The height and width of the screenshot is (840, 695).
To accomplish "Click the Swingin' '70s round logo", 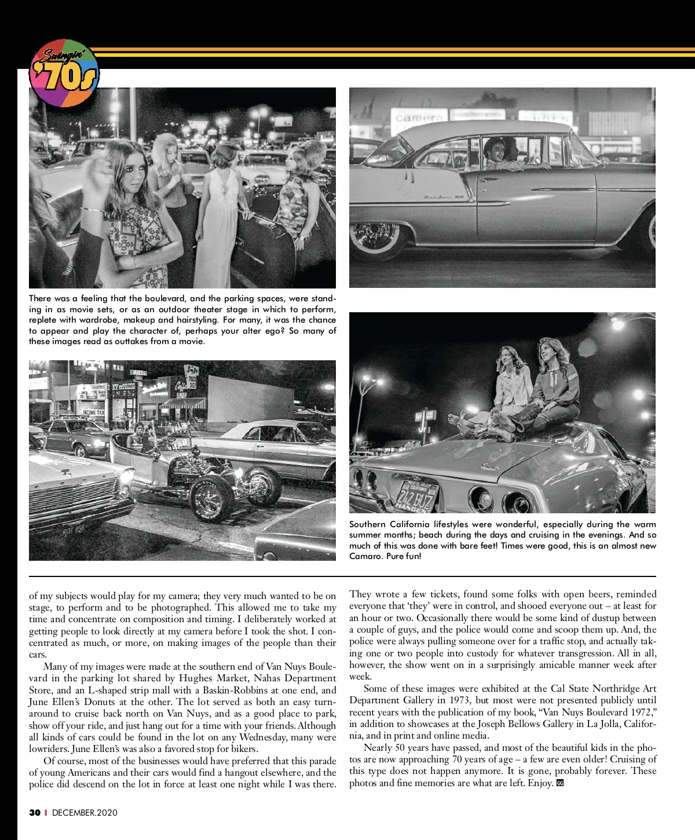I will click(x=64, y=74).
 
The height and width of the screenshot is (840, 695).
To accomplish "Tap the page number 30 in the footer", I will click(x=35, y=812).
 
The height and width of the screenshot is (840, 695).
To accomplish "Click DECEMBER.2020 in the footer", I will click(x=85, y=812).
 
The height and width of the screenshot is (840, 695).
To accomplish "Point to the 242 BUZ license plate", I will click(x=415, y=497).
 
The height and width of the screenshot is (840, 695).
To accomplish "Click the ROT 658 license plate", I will click(x=73, y=529).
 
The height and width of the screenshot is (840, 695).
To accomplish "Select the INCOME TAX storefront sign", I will click(x=93, y=412).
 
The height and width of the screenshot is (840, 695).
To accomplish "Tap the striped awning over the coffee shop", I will click(x=182, y=403).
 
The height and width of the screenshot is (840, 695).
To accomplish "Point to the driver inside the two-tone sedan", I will click(x=493, y=152).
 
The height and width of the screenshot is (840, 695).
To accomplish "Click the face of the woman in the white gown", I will click(x=224, y=157).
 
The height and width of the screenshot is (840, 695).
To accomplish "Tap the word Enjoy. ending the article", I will click(x=540, y=783).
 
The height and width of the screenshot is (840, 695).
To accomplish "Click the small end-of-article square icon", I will click(x=560, y=783).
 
